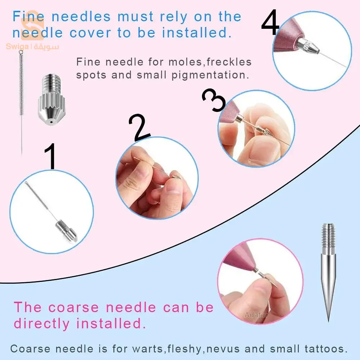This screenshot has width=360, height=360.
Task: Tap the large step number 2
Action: pos(139,127)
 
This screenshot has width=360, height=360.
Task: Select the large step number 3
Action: pos(213,100)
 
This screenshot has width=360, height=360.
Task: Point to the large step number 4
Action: pos(270,22)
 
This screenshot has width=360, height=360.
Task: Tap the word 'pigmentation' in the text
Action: pos(210,75)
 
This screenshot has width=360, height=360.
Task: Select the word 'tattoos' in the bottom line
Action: pos(326,349)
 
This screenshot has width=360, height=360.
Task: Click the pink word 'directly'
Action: pos(41,324)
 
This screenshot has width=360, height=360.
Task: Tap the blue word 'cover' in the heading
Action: pos(90,33)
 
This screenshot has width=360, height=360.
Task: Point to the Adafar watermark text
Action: pos(256,315)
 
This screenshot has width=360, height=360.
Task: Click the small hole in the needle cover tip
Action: pos(51,122)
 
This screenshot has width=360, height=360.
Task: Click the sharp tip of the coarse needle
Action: pos(329,321)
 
